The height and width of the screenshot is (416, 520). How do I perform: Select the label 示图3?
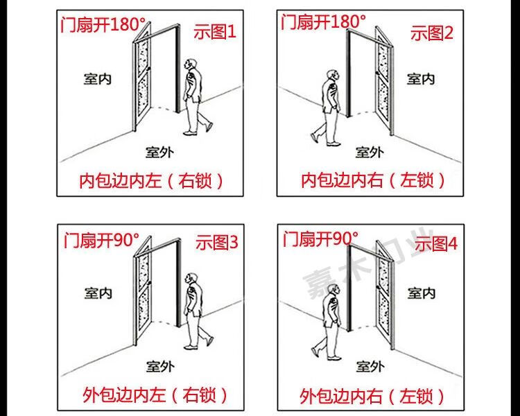(x=216, y=243)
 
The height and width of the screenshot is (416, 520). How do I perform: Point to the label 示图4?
(x=434, y=243)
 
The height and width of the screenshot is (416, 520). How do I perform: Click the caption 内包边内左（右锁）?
(x=152, y=181)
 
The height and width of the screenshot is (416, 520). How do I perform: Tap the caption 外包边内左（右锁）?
(x=154, y=396)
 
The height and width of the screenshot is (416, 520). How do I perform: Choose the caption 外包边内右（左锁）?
(x=372, y=396)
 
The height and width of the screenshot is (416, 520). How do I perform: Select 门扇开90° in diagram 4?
(x=320, y=239)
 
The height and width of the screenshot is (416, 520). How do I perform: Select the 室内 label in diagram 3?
(x=98, y=293)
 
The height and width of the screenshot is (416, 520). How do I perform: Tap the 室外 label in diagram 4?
(x=370, y=366)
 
